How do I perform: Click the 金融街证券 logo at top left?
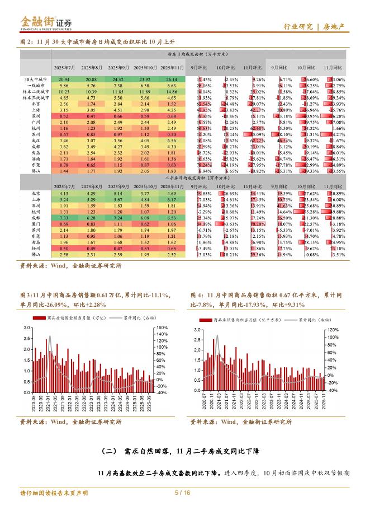pos(46,22)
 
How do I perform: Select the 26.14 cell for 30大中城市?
pos(172,80)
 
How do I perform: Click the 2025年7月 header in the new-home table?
pos(64,67)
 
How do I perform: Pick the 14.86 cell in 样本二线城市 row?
pos(172,91)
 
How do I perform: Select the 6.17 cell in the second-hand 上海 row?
pos(172,199)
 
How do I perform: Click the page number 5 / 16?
pos(183,493)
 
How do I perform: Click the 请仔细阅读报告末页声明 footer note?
pos(54,493)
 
